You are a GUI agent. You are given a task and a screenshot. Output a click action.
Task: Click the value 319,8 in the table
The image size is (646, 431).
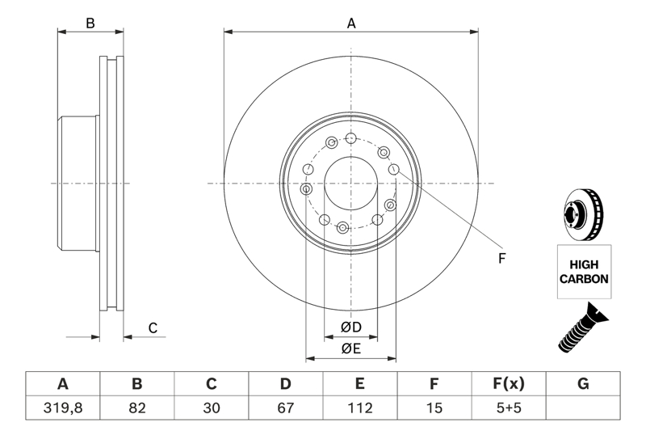click(62, 408)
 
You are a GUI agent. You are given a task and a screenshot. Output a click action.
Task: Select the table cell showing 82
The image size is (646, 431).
click(137, 408)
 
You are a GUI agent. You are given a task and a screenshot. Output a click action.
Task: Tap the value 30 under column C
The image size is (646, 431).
click(212, 408)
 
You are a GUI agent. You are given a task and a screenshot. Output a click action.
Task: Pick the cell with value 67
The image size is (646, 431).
click(286, 408)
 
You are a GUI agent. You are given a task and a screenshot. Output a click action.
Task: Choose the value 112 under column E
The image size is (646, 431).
click(360, 408)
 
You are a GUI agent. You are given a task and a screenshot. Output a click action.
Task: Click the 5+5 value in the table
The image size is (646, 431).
click(509, 408)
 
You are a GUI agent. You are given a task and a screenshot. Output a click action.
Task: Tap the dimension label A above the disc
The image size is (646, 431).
click(351, 23)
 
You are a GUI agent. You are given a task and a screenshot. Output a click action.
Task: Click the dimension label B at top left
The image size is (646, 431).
click(90, 23)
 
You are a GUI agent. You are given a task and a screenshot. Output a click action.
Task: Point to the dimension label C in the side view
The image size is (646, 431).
click(152, 327)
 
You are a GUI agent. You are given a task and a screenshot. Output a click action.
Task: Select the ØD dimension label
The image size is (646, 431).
click(350, 327)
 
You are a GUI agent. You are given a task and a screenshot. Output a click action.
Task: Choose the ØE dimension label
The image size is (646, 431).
click(350, 349)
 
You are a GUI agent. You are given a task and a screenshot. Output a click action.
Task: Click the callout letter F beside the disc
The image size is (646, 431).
click(501, 259)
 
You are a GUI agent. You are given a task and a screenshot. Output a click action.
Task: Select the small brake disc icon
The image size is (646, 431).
click(582, 214)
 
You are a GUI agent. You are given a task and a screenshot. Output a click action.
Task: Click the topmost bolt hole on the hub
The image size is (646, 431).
click(350, 137)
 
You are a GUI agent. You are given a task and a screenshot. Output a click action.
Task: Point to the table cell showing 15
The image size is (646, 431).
click(434, 408)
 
